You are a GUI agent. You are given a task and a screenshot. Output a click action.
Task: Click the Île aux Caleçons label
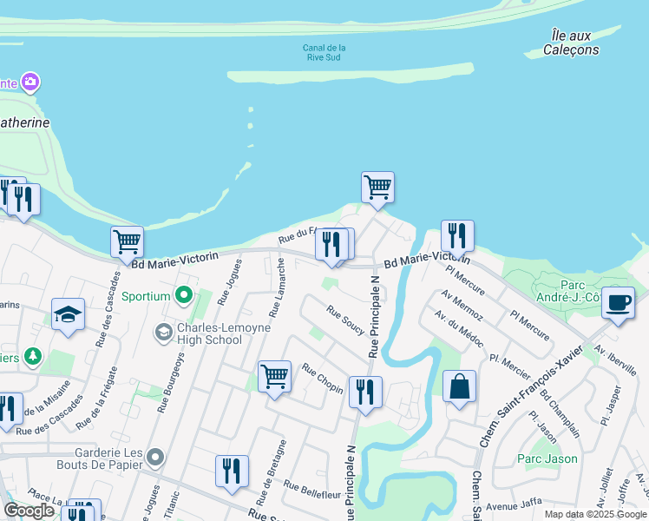point(571,42)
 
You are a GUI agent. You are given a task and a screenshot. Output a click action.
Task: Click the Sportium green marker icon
point(183,296)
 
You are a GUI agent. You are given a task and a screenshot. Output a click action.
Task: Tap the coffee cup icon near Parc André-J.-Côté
point(618,303)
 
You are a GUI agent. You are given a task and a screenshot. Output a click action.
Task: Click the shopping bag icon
point(459,386)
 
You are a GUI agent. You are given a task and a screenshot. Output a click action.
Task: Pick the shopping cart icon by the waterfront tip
point(377,187)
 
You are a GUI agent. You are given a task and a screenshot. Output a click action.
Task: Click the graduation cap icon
point(68,315)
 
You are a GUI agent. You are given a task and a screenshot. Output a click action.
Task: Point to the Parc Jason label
point(547,458)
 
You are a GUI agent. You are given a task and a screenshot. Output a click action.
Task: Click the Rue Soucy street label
point(345,319)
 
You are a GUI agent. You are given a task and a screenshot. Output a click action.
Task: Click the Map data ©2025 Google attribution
point(594,514)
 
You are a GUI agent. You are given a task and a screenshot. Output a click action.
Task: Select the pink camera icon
point(31,82)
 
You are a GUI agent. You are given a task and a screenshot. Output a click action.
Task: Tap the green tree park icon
point(32,356)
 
